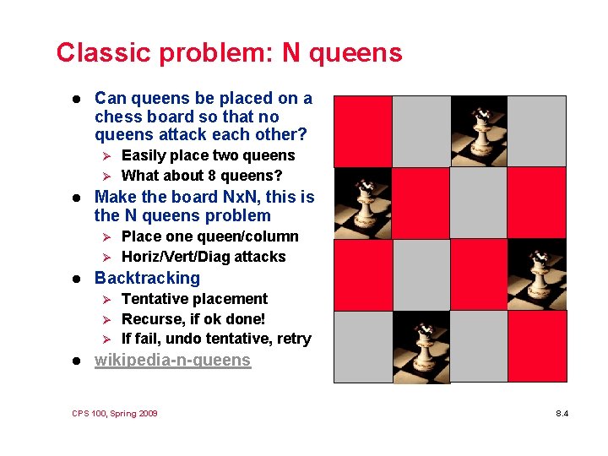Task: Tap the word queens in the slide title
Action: click(x=355, y=53)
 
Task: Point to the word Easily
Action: click(x=147, y=155)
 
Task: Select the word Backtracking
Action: click(x=147, y=278)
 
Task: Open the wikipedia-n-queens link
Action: click(x=172, y=361)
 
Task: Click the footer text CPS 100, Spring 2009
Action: click(x=115, y=414)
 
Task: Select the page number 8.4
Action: click(x=562, y=414)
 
